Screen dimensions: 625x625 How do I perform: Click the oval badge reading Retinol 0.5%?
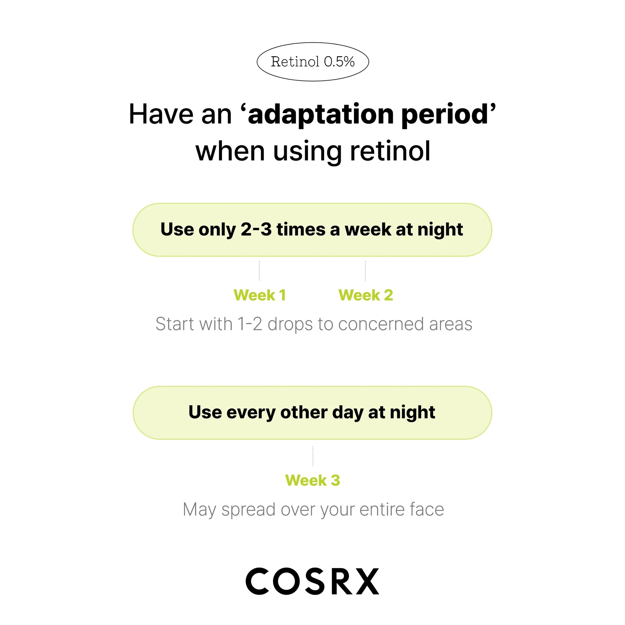312,62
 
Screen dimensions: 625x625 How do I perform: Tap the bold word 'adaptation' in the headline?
321,115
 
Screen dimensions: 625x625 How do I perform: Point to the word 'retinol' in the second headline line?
390,151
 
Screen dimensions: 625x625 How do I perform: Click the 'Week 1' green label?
260,295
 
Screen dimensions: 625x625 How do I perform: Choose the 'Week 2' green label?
365,295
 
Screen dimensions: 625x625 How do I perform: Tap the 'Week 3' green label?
312,480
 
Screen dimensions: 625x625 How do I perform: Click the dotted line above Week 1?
259,270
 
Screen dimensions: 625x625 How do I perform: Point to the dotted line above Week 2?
365,270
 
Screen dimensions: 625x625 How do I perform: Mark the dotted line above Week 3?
313,456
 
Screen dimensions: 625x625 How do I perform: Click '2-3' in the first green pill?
256,229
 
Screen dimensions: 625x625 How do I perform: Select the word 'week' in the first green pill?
368,229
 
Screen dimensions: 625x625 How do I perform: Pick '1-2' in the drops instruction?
250,324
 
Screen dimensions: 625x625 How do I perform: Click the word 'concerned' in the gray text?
381,324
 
